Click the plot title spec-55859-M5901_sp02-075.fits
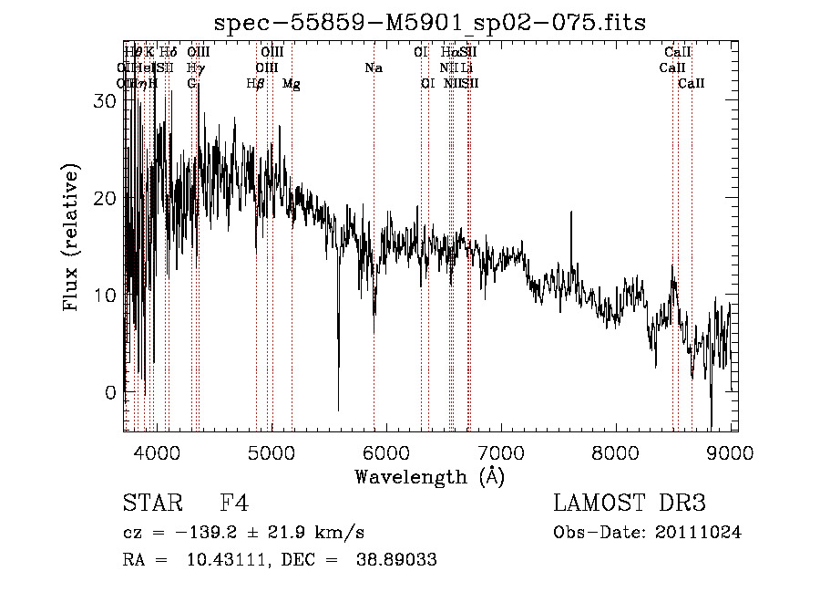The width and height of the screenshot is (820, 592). pos(429,23)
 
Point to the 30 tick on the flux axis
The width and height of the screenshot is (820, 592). pos(106,101)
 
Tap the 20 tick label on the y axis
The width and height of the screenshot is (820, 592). pos(106,199)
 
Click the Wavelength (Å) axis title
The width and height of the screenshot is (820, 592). pos(429,476)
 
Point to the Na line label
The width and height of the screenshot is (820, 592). pos(373,68)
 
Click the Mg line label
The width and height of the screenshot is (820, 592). pos(292,84)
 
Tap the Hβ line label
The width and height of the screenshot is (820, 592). pos(256,84)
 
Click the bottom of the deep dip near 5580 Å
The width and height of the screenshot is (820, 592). pos(338,410)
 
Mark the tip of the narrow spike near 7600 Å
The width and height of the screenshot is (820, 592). pos(571,213)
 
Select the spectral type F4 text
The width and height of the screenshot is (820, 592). pos(234,504)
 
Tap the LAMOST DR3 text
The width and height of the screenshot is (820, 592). pos(630,504)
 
